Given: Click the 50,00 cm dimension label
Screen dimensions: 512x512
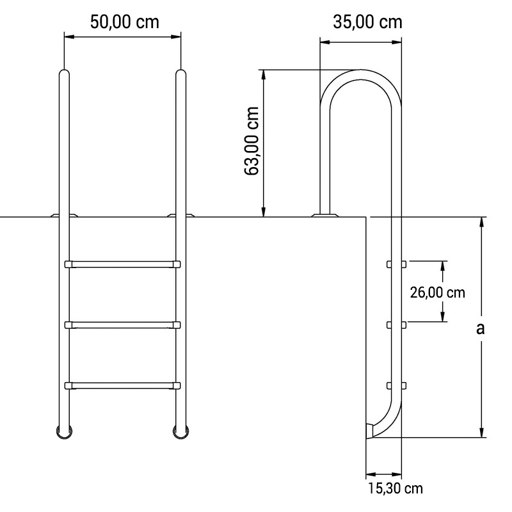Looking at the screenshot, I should click(x=124, y=22).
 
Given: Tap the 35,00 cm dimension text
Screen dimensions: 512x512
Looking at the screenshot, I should click(x=368, y=22).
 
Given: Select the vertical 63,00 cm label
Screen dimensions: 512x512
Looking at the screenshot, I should click(x=252, y=141).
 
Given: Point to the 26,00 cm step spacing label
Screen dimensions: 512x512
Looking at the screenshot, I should click(x=437, y=292).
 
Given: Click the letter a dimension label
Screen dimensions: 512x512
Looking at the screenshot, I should click(x=481, y=328).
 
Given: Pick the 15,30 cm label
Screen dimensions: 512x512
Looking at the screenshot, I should click(x=396, y=488).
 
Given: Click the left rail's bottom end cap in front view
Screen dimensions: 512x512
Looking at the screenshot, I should click(x=64, y=431).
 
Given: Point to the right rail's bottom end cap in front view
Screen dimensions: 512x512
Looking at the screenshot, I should click(x=180, y=431).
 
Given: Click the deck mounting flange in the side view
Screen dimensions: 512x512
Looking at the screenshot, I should click(x=325, y=215).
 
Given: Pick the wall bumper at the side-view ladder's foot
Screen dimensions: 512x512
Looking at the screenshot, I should click(x=369, y=431).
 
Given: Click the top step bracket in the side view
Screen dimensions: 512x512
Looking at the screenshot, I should click(x=396, y=264).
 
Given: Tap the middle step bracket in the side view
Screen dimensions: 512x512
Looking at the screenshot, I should click(x=396, y=325).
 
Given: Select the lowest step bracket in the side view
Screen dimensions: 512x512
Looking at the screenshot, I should click(x=396, y=385).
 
